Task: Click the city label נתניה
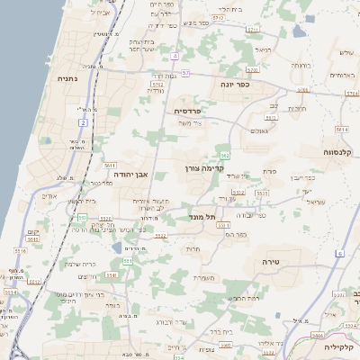(x=67, y=79)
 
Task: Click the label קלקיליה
(x=341, y=346)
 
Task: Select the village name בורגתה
(x=301, y=66)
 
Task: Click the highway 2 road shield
(x=82, y=121)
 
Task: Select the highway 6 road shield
(x=340, y=253)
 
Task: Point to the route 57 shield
(x=185, y=72)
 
